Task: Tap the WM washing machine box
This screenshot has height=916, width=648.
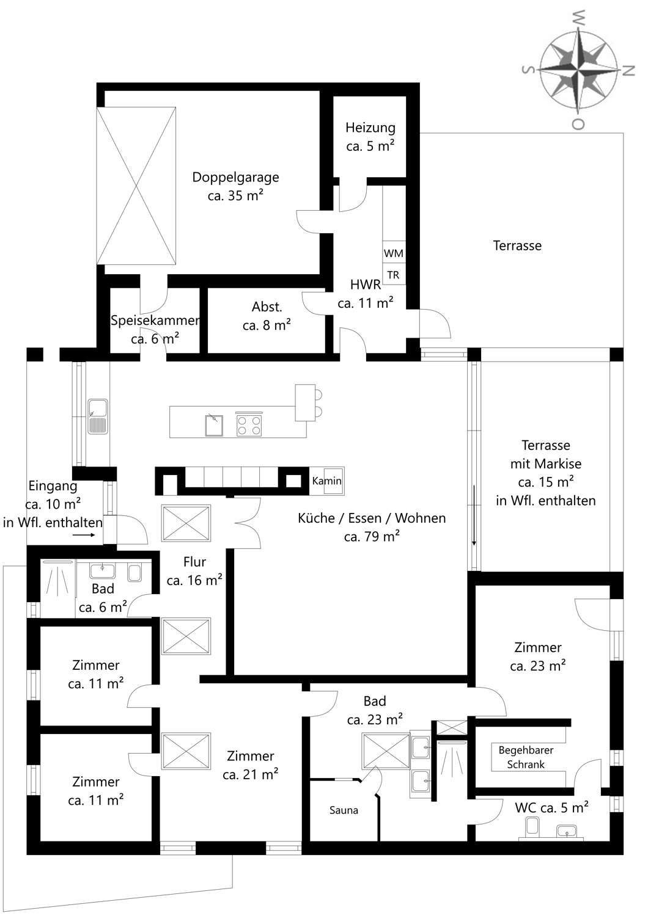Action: [394, 253]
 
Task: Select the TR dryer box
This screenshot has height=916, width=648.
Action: [394, 275]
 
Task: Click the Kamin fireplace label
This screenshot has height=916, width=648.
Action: [326, 481]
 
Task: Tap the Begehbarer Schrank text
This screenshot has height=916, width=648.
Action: [526, 757]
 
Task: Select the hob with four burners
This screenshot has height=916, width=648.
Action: [249, 425]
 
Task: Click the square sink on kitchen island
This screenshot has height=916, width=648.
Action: [214, 425]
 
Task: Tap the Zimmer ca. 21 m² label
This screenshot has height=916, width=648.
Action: [251, 765]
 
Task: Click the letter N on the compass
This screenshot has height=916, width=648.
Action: [628, 70]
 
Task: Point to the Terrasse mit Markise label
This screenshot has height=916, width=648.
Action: [546, 473]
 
